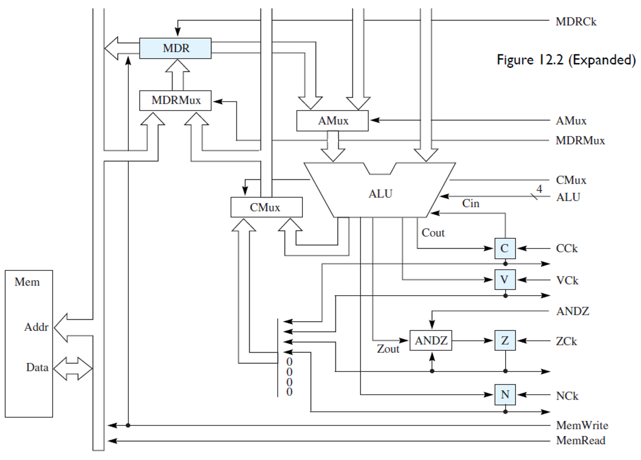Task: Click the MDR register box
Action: click(175, 48)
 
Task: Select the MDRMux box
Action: click(175, 101)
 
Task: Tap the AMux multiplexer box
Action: click(333, 121)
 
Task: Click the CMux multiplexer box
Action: click(266, 207)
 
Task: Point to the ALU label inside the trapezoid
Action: click(380, 194)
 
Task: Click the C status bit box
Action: click(505, 248)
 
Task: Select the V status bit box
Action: click(505, 280)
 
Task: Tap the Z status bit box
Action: click(505, 341)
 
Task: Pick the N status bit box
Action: click(505, 395)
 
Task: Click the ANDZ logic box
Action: click(431, 341)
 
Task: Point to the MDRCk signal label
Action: click(576, 22)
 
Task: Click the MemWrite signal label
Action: click(582, 426)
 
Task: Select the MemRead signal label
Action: click(581, 441)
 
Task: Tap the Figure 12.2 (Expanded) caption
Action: click(566, 60)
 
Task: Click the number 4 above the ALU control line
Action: click(539, 189)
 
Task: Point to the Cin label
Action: click(471, 204)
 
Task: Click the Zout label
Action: click(388, 349)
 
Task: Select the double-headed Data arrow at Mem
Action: click(72, 370)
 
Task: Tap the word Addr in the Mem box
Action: click(36, 328)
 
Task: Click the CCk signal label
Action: click(567, 248)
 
